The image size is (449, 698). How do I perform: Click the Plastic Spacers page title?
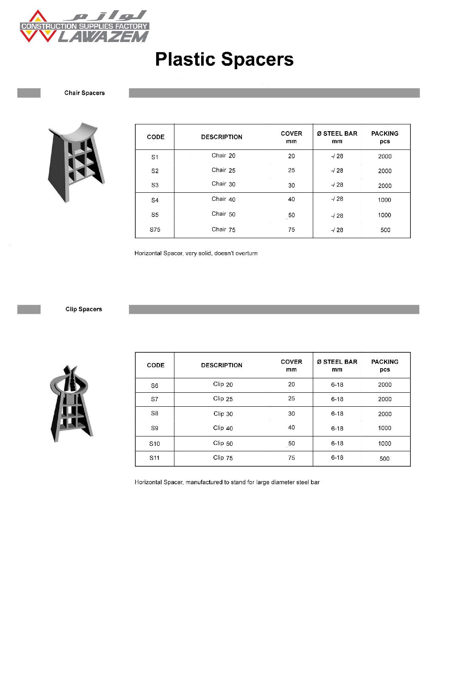click(x=224, y=59)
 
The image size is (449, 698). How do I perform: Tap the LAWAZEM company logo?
click(x=84, y=27)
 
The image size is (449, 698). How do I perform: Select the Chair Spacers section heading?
click(x=84, y=93)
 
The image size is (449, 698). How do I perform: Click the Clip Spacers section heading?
click(x=84, y=309)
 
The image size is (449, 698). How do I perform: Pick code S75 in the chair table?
click(x=155, y=230)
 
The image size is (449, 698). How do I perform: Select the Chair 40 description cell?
click(x=224, y=199)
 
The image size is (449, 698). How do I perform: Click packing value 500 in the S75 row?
click(x=385, y=230)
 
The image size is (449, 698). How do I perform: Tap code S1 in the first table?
click(x=155, y=157)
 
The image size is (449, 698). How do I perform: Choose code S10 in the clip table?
click(x=154, y=444)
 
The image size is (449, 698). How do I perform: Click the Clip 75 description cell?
click(x=223, y=458)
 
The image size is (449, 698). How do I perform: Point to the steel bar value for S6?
click(x=337, y=385)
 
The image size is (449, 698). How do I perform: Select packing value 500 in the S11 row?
click(x=384, y=459)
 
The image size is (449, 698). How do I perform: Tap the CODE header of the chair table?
click(x=155, y=137)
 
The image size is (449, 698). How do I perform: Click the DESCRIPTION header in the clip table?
click(x=222, y=365)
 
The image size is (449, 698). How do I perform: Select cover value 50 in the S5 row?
click(x=292, y=215)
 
